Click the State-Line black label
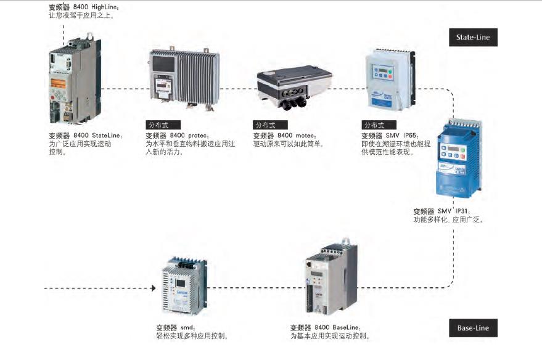coord(473,38)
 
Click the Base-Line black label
coord(473,328)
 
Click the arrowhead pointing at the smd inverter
coord(151,288)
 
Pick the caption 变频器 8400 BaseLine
coord(325,327)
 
